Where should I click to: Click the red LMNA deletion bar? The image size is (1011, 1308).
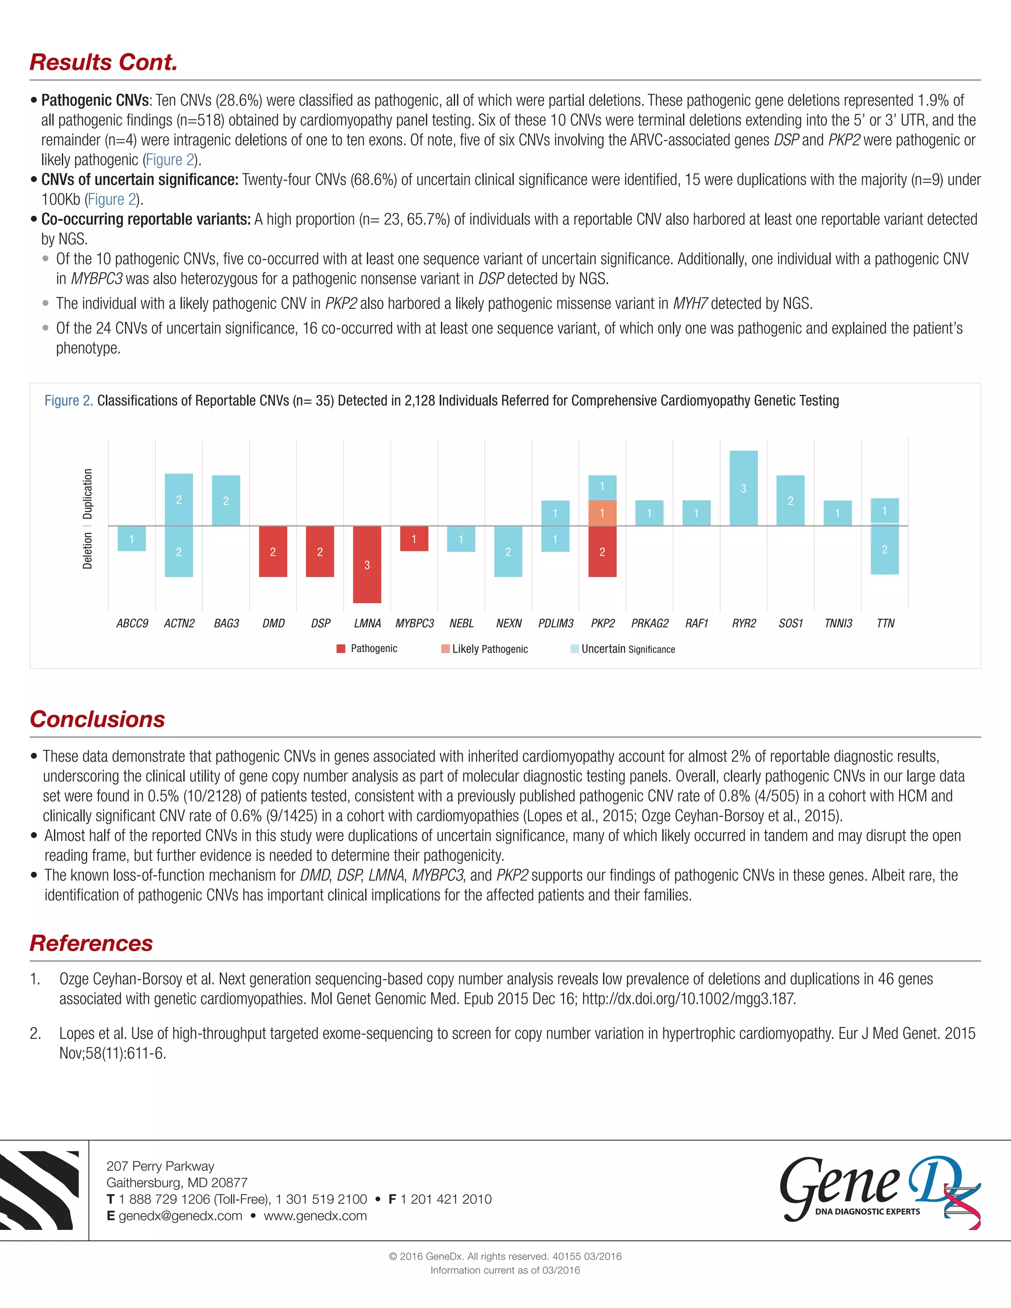pyautogui.click(x=367, y=564)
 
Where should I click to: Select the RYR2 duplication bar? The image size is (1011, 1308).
pyautogui.click(x=743, y=488)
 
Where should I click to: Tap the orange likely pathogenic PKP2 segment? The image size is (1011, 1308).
pyautogui.click(x=602, y=513)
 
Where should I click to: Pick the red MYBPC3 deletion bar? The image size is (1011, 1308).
pyautogui.click(x=414, y=539)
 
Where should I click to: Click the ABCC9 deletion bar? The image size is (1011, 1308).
pyautogui.click(x=132, y=539)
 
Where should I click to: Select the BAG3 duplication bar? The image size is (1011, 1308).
pyautogui.click(x=226, y=500)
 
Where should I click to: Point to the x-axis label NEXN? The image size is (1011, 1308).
pyautogui.click(x=508, y=623)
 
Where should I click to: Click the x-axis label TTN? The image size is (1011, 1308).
pyautogui.click(x=885, y=623)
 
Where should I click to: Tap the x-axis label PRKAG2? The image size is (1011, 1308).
pyautogui.click(x=650, y=623)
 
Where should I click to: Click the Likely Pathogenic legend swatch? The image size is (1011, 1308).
pyautogui.click(x=445, y=649)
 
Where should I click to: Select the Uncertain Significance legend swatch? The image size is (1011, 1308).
pyautogui.click(x=575, y=649)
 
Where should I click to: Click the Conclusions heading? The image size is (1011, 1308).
pyautogui.click(x=98, y=719)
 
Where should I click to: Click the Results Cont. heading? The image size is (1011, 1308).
pyautogui.click(x=104, y=62)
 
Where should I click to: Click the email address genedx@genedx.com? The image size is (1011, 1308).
pyautogui.click(x=180, y=1216)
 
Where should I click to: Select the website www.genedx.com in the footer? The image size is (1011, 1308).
pyautogui.click(x=315, y=1216)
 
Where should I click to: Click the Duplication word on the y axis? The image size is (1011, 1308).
pyautogui.click(x=88, y=494)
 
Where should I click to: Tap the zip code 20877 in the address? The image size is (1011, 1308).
pyautogui.click(x=230, y=1183)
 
